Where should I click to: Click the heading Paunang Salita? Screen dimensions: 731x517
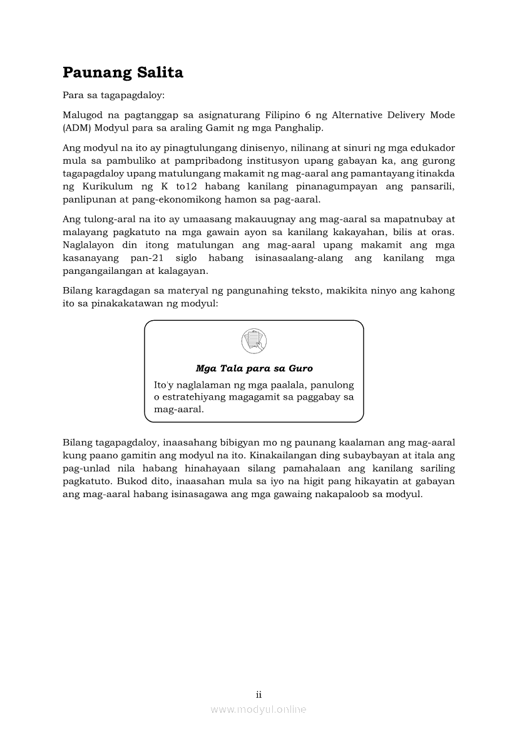pyautogui.click(x=123, y=73)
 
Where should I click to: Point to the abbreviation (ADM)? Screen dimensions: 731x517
pyautogui.click(x=76, y=128)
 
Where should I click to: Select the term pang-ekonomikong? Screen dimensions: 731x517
pyautogui.click(x=163, y=200)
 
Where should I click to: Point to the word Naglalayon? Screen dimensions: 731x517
pyautogui.click(x=90, y=245)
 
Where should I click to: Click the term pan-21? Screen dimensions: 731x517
pyautogui.click(x=147, y=258)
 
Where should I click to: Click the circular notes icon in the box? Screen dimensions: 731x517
pyautogui.click(x=253, y=341)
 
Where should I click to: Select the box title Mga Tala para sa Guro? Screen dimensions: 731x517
pyautogui.click(x=253, y=368)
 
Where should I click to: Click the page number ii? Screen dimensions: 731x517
pyautogui.click(x=258, y=695)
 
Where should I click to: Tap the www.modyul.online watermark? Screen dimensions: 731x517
pyautogui.click(x=258, y=709)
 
